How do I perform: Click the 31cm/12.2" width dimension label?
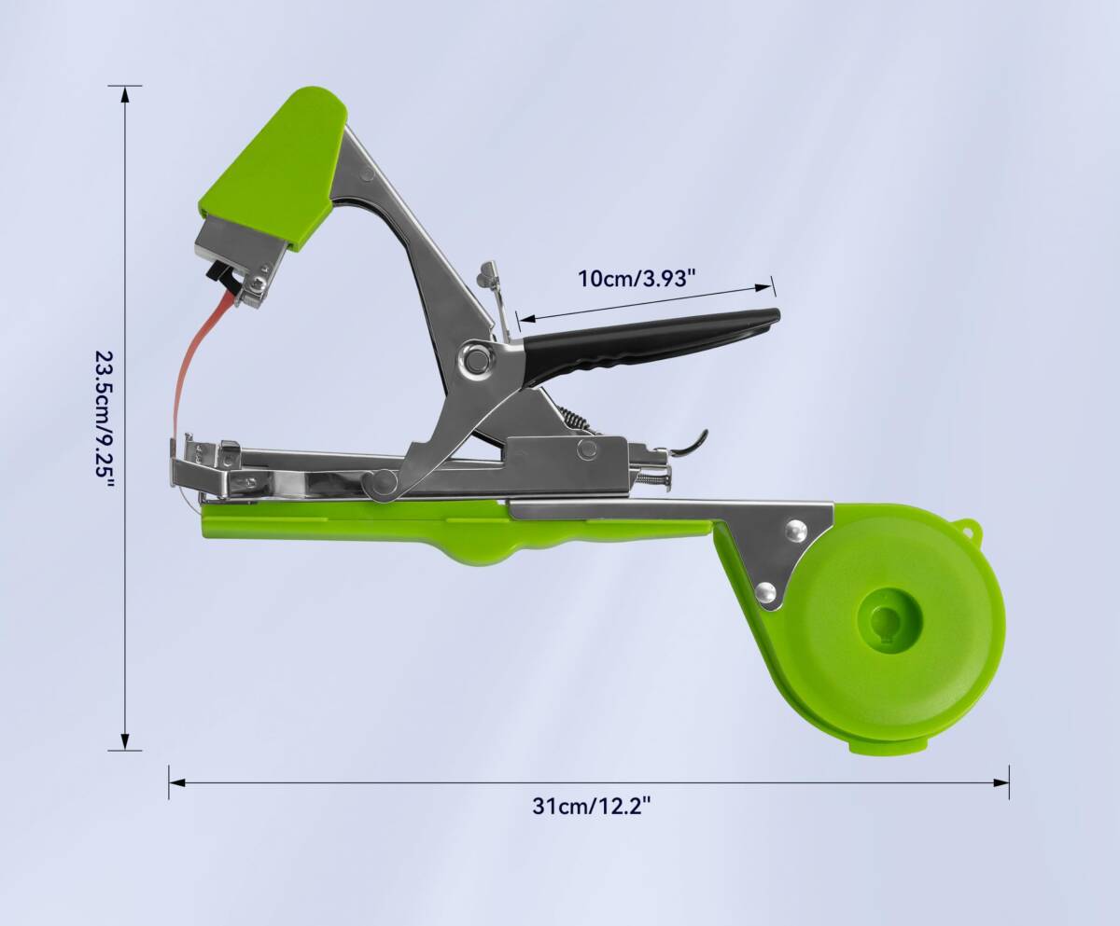point(592,806)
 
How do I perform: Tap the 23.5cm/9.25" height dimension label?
point(105,420)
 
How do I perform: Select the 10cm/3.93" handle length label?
point(637,279)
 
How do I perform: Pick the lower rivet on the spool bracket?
point(765,591)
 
